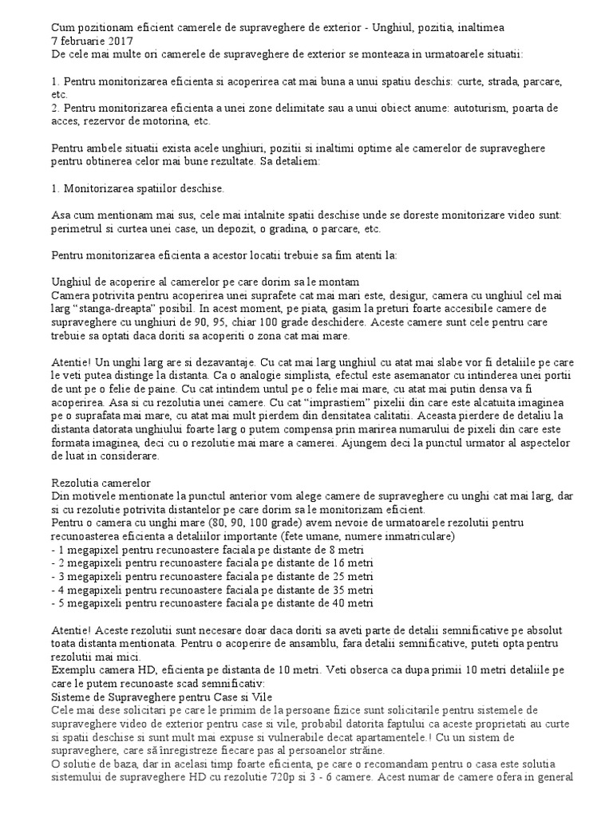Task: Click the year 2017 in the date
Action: [x=120, y=40]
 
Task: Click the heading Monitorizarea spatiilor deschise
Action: [x=138, y=189]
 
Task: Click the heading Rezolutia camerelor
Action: [x=101, y=483]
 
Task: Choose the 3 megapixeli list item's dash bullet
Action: [x=53, y=577]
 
